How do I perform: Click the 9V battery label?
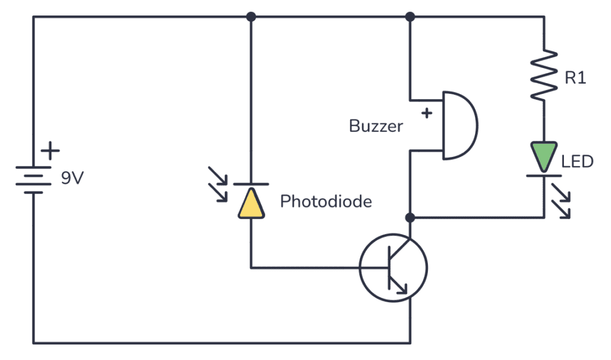73,178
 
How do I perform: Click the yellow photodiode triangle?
251,203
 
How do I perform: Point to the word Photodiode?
326,202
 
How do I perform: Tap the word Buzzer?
376,127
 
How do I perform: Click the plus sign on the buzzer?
426,113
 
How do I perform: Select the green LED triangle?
544,155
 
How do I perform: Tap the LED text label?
578,161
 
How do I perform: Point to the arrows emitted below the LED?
560,200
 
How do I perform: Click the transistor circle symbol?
393,267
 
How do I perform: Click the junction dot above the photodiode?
251,17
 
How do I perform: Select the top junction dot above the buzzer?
410,17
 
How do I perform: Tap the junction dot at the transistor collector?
410,217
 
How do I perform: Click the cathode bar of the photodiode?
251,183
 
